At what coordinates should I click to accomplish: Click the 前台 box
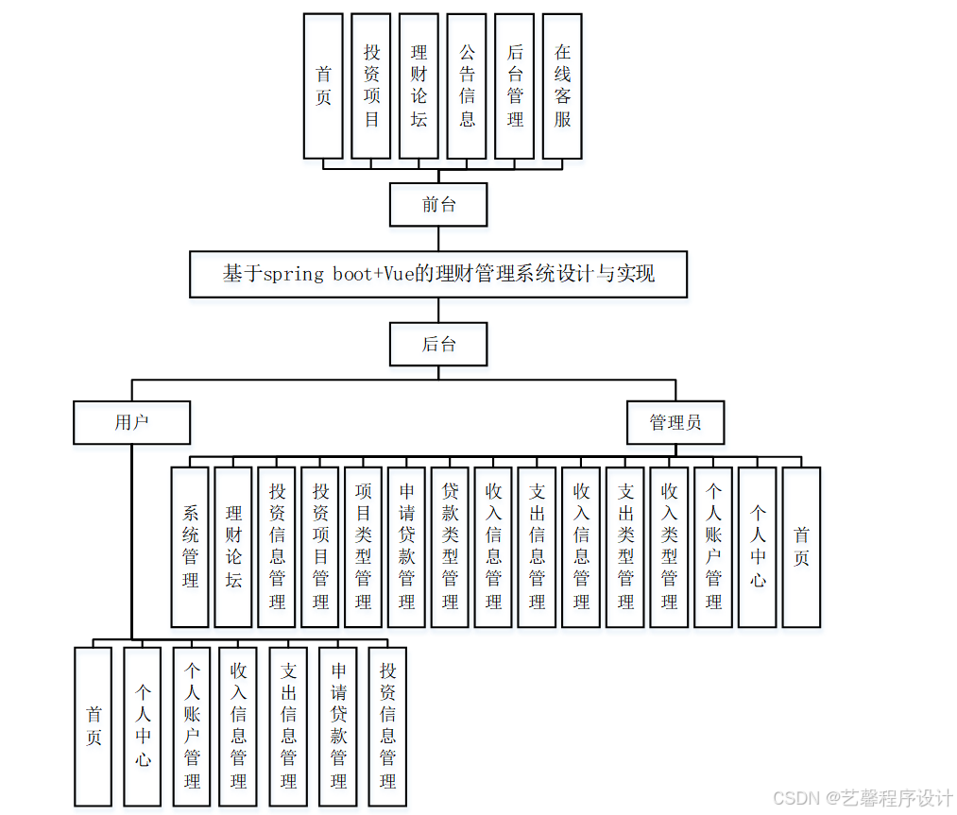click(x=438, y=205)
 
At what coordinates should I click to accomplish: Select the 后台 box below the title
click(x=438, y=344)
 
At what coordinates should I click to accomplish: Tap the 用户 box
click(x=131, y=422)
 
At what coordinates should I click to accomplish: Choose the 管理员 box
click(x=675, y=422)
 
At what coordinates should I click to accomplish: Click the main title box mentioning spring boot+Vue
click(x=438, y=275)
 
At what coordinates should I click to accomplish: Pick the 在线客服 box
click(x=562, y=86)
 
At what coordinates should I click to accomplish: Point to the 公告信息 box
click(x=467, y=86)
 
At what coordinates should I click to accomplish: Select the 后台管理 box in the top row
click(x=515, y=86)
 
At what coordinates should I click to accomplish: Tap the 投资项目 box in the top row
click(x=371, y=86)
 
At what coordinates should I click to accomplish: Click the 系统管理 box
click(x=190, y=547)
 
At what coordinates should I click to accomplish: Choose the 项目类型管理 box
click(x=364, y=547)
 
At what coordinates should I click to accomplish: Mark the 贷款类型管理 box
click(x=451, y=547)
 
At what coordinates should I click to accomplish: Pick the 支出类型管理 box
click(x=625, y=547)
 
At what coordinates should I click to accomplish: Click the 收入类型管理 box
click(x=669, y=547)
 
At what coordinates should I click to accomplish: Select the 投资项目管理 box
click(x=320, y=547)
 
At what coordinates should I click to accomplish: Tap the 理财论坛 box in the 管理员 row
click(x=233, y=547)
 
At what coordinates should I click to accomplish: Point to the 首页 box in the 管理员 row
click(x=801, y=547)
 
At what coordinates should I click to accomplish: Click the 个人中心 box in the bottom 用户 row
click(x=143, y=726)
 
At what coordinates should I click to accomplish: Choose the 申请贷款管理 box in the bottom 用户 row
click(x=338, y=726)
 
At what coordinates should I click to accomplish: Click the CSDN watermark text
click(x=863, y=798)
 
